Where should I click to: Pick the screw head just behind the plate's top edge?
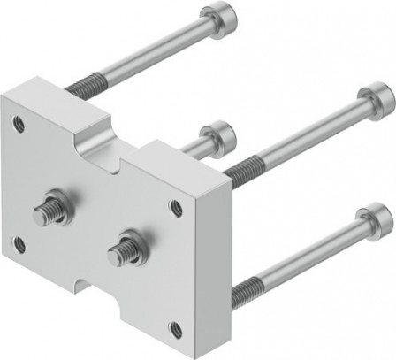tap(220, 136)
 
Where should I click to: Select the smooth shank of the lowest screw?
tap(309, 256)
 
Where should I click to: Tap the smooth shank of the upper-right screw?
tap(305, 132)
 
